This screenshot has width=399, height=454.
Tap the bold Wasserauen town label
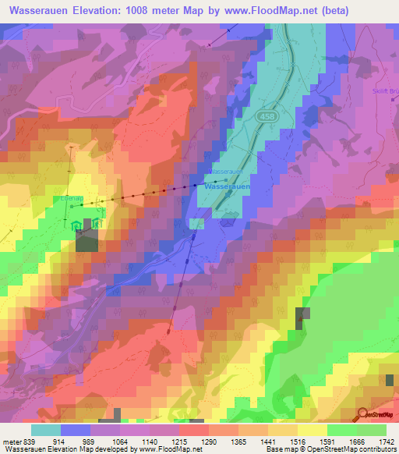226,187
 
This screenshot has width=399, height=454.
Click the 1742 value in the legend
387,442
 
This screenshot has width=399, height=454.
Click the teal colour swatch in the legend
46,430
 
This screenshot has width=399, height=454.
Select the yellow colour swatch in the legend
312,430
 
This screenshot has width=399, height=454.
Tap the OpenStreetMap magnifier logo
363,413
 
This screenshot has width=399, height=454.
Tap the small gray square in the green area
301,317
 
